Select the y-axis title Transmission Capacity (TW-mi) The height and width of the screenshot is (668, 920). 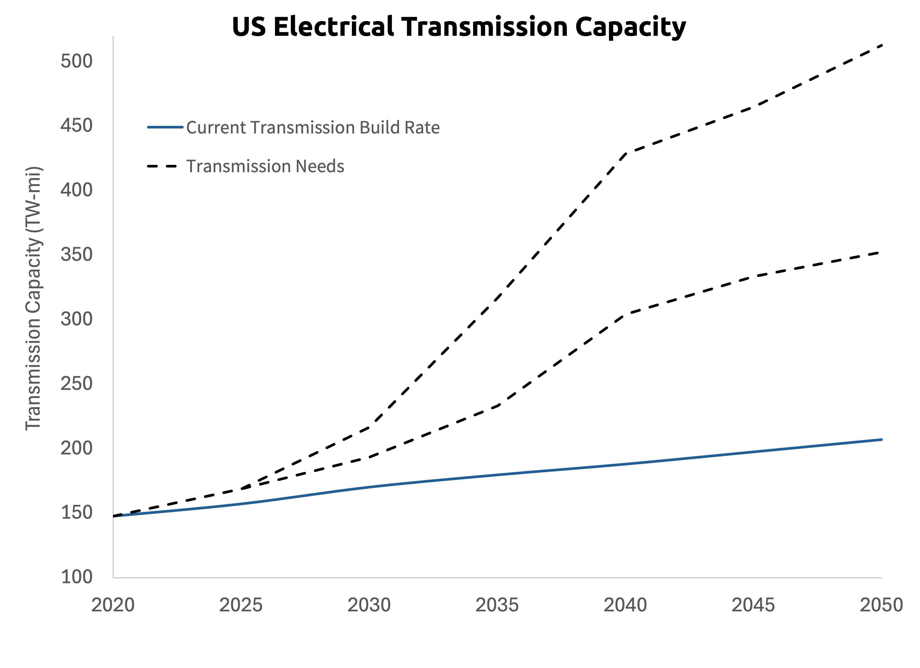[33, 298]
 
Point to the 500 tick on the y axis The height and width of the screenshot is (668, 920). [77, 61]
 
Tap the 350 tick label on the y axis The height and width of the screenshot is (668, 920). [77, 255]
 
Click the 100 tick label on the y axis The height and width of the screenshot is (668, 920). [77, 577]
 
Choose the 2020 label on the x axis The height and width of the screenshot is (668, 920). [113, 605]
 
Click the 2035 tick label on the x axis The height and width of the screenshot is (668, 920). [497, 605]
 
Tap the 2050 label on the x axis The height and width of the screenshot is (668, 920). [881, 605]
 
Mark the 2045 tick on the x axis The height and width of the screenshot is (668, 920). [753, 605]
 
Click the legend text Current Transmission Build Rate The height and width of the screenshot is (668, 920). [313, 127]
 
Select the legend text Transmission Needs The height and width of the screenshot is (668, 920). [265, 166]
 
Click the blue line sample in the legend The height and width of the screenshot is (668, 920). [165, 127]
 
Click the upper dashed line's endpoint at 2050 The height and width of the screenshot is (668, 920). [881, 45]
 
